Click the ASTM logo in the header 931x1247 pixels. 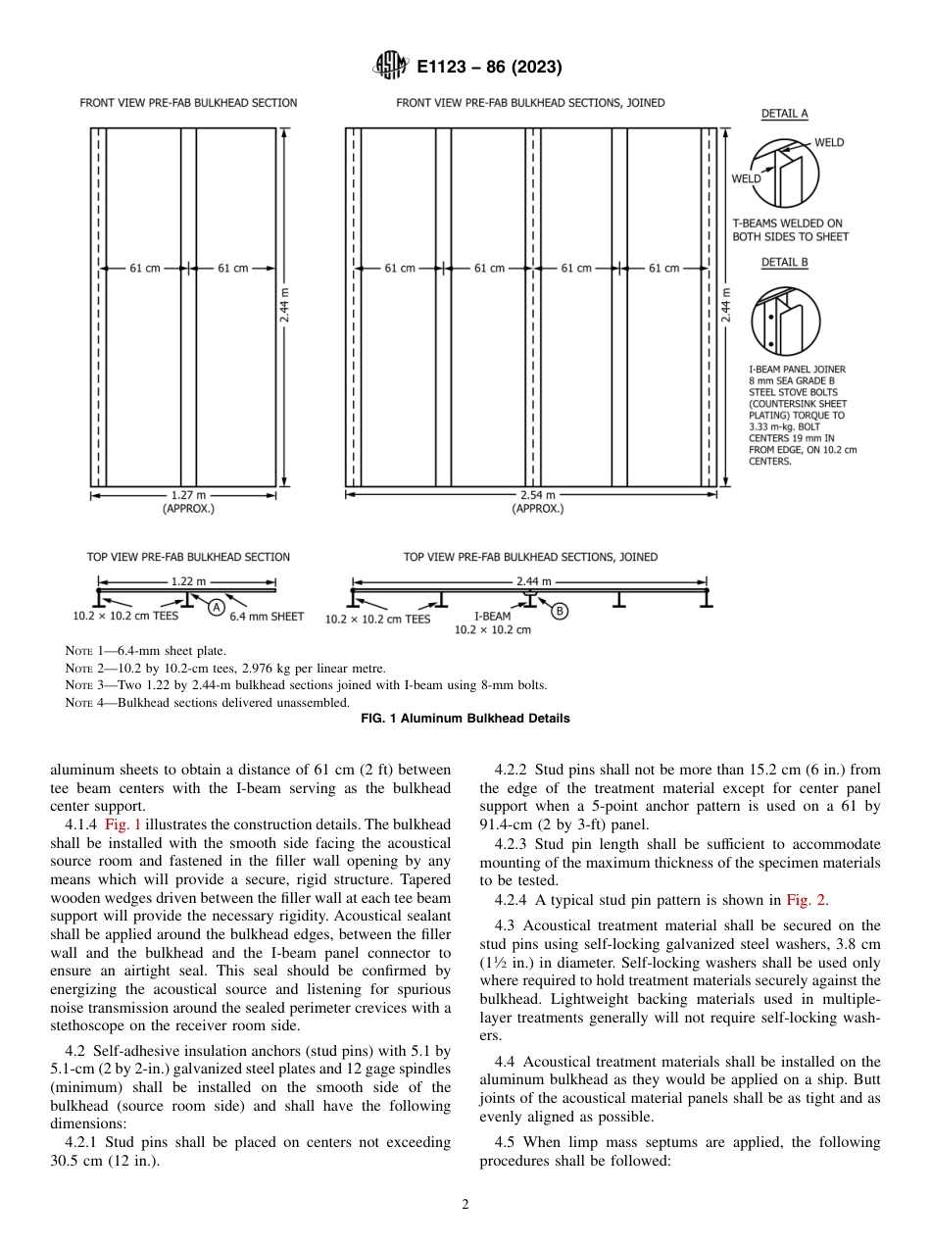pos(391,67)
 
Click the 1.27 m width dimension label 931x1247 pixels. pos(187,495)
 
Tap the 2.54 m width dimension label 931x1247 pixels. pos(537,495)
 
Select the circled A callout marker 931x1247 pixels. pos(216,608)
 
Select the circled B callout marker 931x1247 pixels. pos(560,611)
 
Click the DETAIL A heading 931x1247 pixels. pos(784,114)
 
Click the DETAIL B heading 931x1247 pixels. pos(784,263)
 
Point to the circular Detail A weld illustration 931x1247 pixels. pos(784,170)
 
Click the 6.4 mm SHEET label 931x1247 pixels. pos(267,617)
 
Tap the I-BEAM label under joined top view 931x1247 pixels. pos(492,618)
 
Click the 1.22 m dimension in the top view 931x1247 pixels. pos(187,580)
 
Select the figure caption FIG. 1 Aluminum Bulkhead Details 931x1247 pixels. pos(465,718)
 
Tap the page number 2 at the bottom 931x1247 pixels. pos(465,1205)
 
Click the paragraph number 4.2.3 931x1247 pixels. pos(514,844)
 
